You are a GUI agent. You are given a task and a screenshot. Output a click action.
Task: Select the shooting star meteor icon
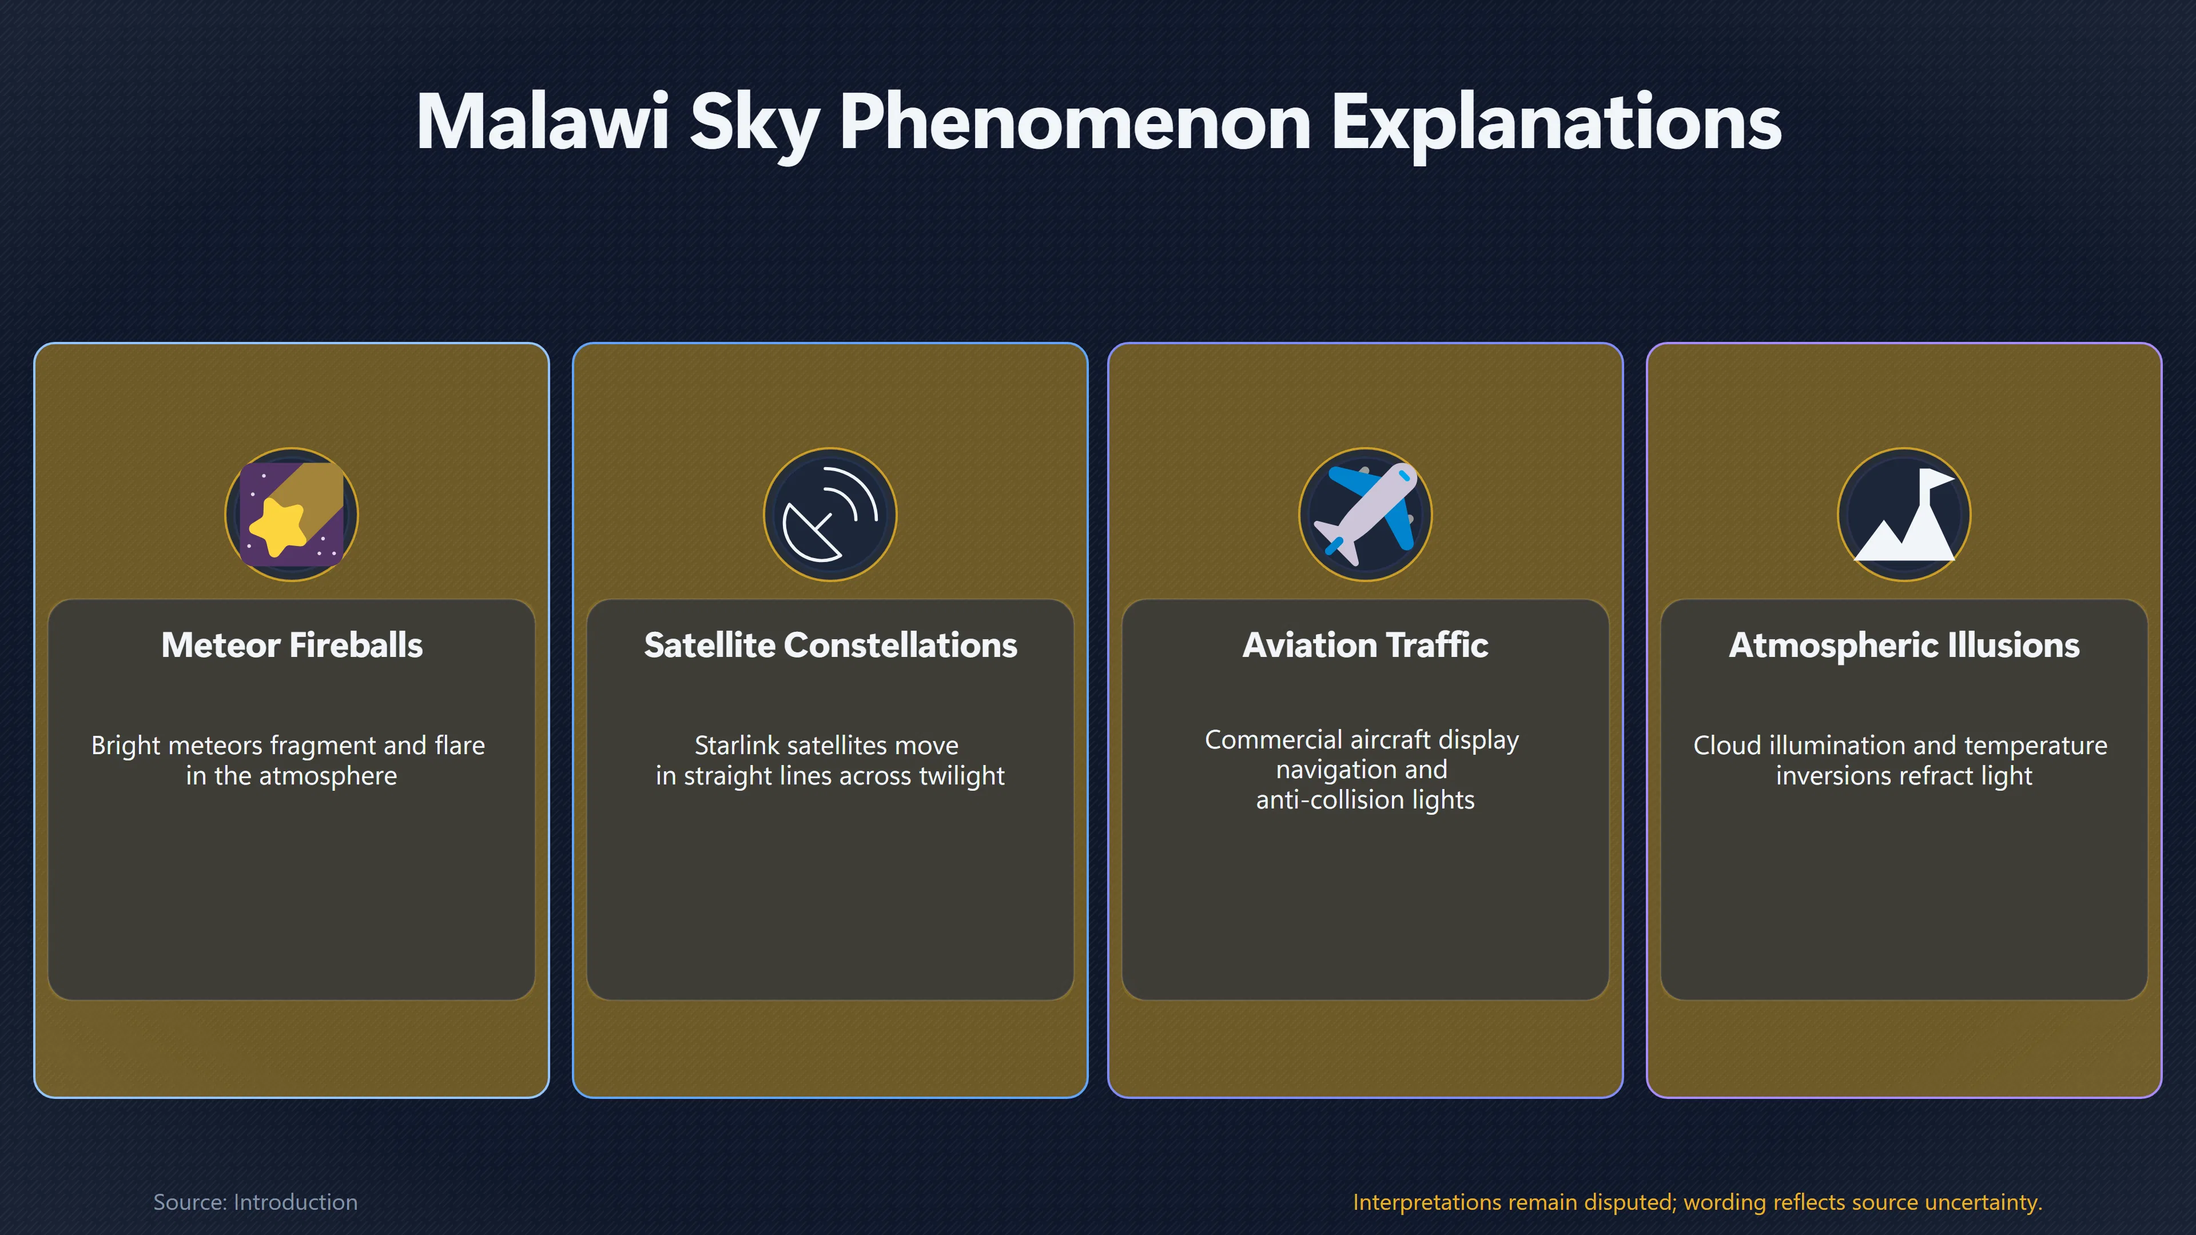(x=292, y=514)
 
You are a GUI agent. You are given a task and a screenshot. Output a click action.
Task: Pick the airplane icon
(x=1365, y=514)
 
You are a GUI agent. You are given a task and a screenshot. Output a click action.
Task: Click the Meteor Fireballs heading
(x=292, y=645)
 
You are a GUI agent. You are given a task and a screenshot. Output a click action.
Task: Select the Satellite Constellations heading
(x=830, y=645)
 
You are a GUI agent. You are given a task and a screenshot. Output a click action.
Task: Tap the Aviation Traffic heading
(x=1365, y=645)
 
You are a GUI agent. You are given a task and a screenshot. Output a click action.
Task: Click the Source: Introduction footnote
(x=255, y=1202)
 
